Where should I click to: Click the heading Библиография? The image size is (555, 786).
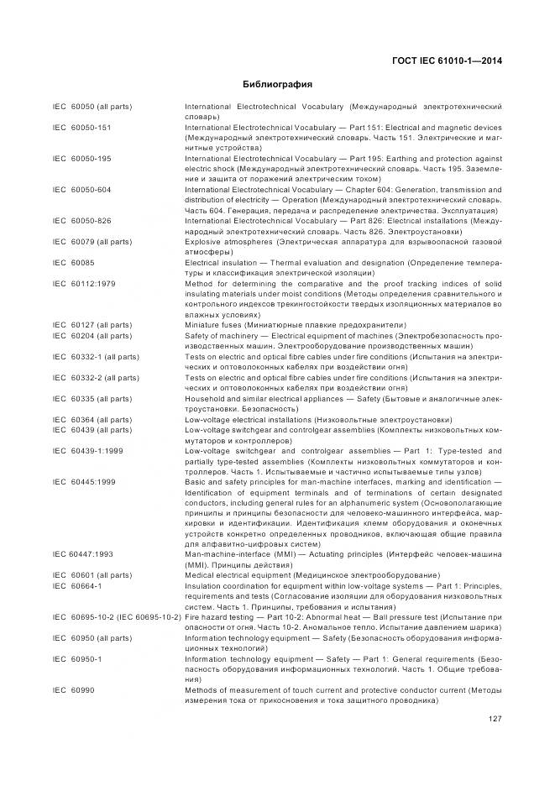(277, 84)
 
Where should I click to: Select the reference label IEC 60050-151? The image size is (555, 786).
(81, 128)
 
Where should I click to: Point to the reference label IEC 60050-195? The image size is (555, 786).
(81, 159)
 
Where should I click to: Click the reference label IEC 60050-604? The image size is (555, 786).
(81, 190)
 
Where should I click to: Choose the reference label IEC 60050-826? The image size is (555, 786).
(81, 221)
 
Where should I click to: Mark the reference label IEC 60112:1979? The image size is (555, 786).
(83, 283)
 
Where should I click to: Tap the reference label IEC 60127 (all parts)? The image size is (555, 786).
(92, 324)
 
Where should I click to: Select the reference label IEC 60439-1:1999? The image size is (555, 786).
(87, 450)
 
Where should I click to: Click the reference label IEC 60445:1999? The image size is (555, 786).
(83, 481)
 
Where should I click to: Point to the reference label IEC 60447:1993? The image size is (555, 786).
(82, 554)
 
